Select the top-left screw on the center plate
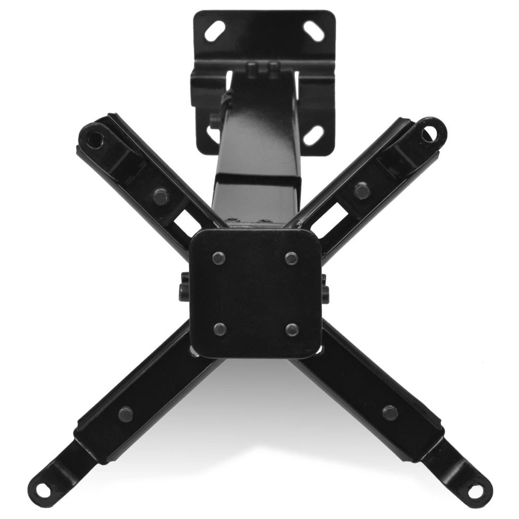[217, 257]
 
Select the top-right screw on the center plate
[290, 258]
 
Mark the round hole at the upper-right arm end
[427, 132]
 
